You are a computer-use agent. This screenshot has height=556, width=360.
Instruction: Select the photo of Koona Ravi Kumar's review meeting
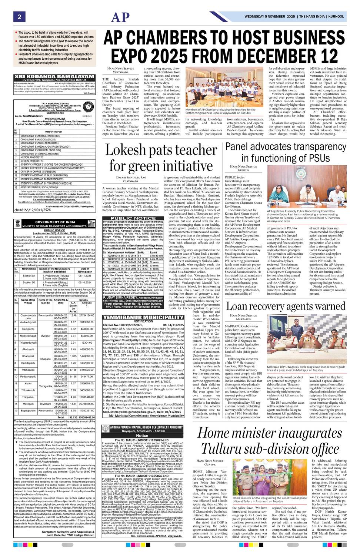tap(307, 187)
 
